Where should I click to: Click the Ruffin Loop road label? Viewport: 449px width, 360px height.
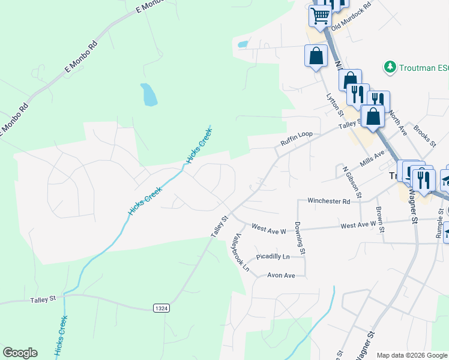point(297,139)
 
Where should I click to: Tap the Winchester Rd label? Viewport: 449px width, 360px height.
point(328,202)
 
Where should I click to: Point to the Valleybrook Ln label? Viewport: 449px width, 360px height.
point(241,253)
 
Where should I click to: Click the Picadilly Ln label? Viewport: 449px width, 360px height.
point(273,257)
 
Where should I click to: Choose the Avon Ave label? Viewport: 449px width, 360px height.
point(282,275)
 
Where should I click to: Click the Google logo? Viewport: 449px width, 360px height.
point(20,353)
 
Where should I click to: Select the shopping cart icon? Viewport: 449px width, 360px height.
point(321,16)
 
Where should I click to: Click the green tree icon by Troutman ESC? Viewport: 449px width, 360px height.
point(390,67)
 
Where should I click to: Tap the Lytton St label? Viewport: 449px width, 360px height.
point(334,104)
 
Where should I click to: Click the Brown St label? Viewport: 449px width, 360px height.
point(381,219)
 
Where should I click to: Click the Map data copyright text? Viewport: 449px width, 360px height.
point(412,355)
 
